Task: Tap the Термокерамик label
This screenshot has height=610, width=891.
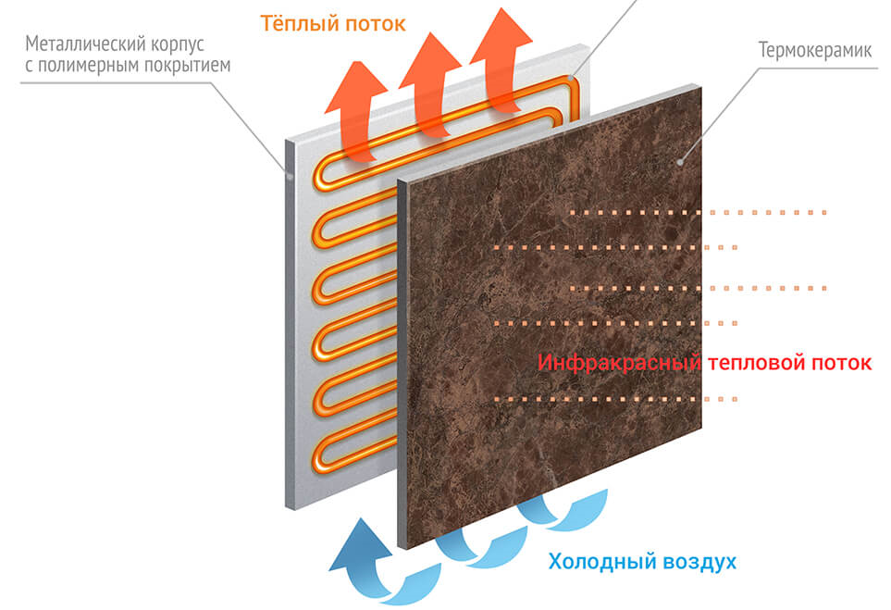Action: [x=814, y=51]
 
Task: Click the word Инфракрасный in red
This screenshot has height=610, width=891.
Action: [x=619, y=363]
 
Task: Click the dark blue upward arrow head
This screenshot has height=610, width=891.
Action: [x=360, y=543]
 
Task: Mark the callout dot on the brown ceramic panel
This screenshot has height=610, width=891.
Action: [x=680, y=162]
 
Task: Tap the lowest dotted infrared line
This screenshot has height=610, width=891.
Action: [x=615, y=399]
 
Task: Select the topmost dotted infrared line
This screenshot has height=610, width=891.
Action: [x=698, y=213]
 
